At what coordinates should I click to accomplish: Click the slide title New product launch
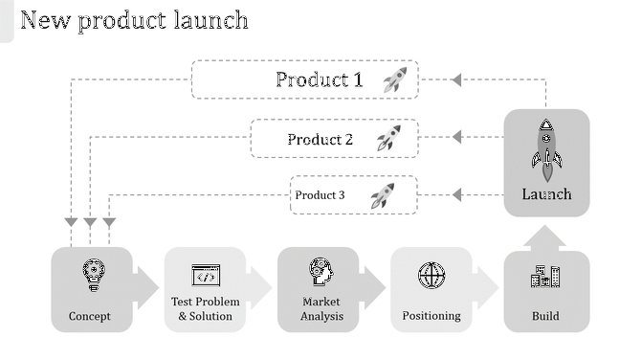[135, 20]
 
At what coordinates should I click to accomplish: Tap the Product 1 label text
[320, 79]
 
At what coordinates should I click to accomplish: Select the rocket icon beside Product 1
[394, 79]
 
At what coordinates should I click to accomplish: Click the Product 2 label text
[320, 140]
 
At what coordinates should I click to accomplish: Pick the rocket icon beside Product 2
[387, 139]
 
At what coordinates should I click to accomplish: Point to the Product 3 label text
[320, 195]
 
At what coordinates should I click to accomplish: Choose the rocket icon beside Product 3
[382, 195]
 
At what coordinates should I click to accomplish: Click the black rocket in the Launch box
[546, 149]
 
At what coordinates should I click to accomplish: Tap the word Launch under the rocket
[546, 194]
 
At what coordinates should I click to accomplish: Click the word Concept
[90, 316]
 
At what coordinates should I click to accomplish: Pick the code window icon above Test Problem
[206, 276]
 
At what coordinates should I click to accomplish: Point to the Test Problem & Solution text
[206, 309]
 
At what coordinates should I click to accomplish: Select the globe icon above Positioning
[431, 276]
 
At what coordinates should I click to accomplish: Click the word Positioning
[431, 316]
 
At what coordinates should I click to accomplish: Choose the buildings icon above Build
[545, 277]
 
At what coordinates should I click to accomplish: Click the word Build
[545, 316]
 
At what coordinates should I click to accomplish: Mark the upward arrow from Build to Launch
[546, 237]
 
